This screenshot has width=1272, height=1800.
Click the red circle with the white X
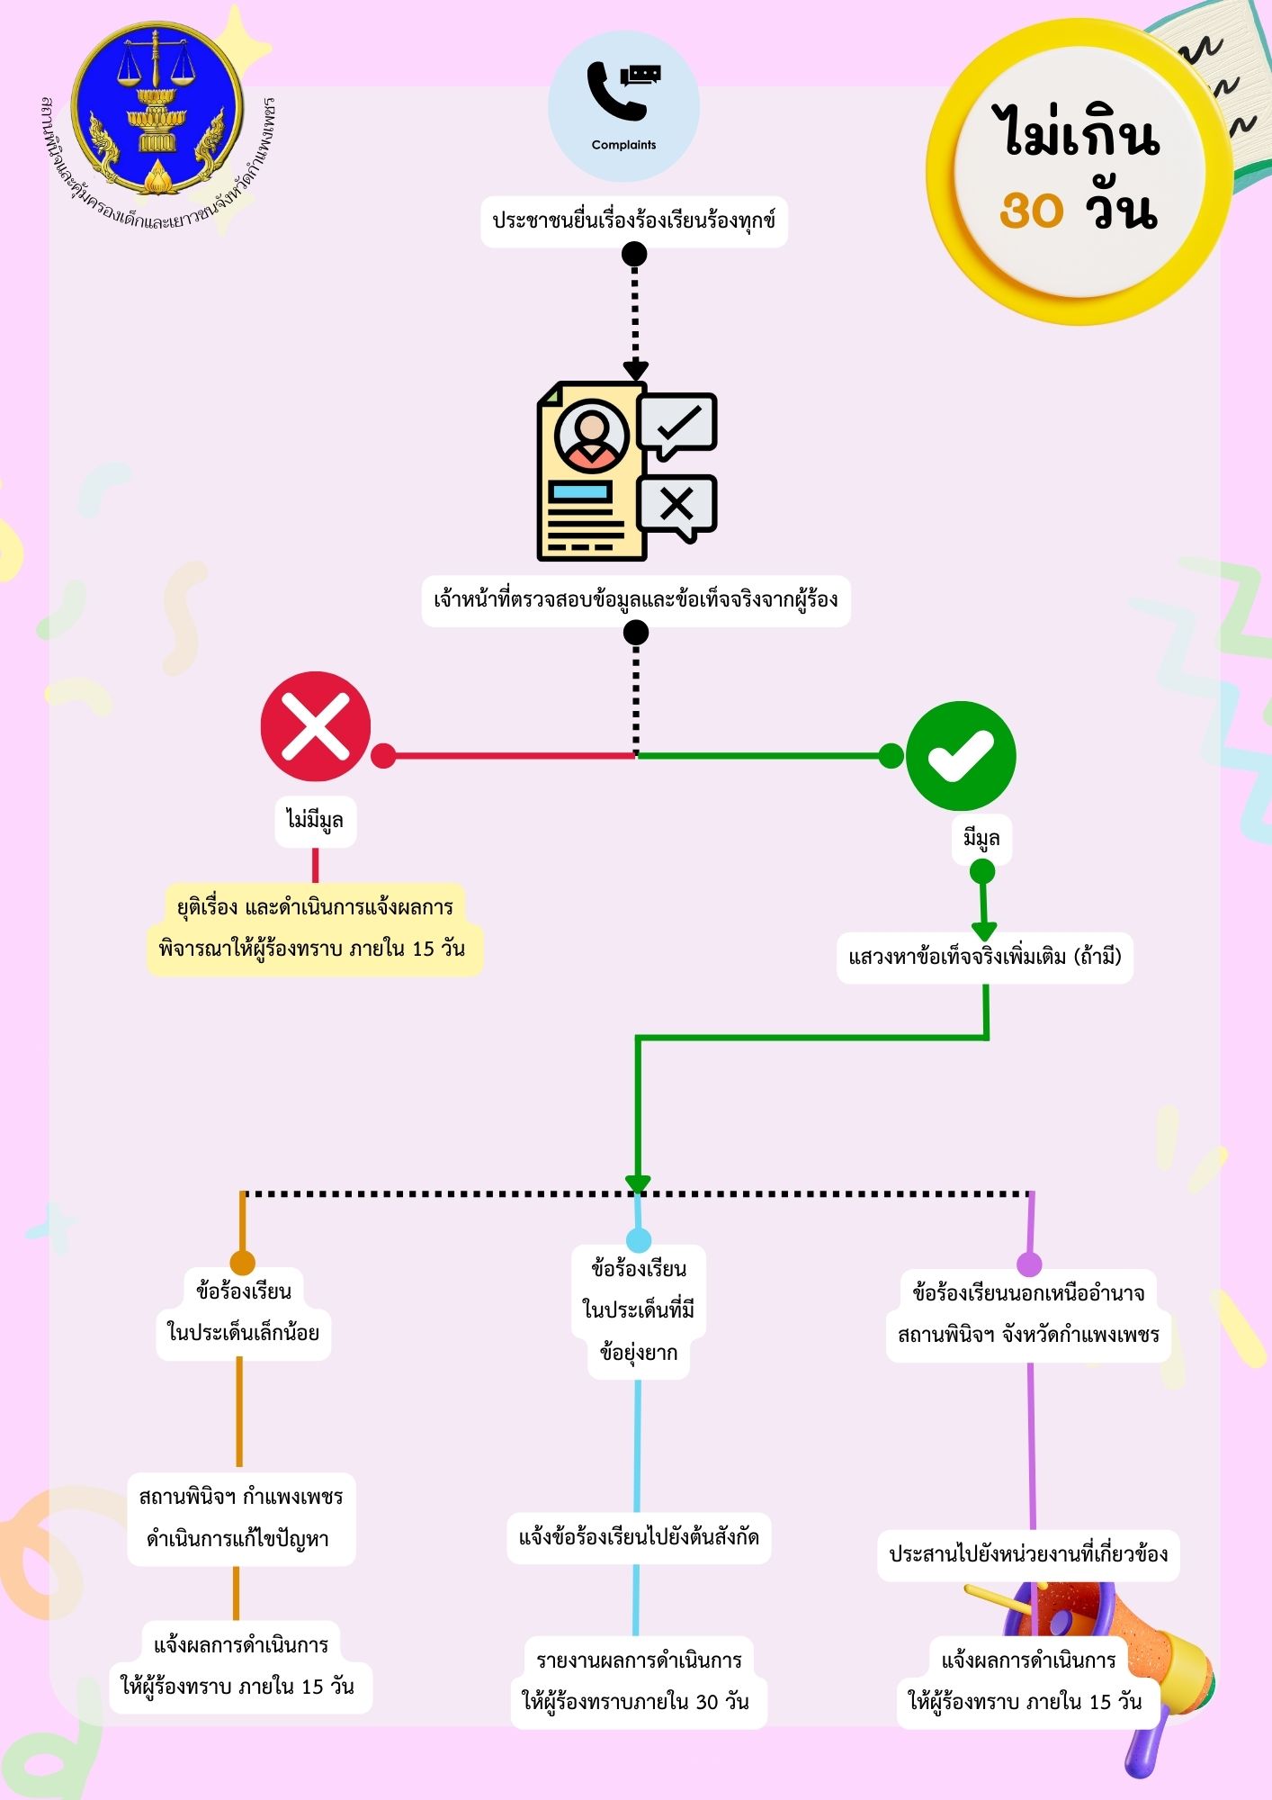(x=316, y=726)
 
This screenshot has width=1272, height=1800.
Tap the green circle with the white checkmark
(x=961, y=756)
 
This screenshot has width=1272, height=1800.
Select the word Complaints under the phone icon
(x=623, y=145)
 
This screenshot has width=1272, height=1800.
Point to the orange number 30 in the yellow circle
(x=1031, y=211)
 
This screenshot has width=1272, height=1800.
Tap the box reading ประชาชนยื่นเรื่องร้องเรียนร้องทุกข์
(x=634, y=221)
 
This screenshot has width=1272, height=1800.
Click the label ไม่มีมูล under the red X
(x=315, y=821)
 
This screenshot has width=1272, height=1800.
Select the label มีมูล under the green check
(x=981, y=839)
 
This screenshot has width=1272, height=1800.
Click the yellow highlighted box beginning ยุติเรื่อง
(x=314, y=929)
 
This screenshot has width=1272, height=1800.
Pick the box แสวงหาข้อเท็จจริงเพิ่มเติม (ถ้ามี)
(x=985, y=957)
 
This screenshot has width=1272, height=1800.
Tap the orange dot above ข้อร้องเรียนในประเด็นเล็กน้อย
(x=243, y=1263)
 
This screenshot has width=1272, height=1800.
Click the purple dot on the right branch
(x=1029, y=1264)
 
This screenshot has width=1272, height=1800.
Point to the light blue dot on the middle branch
(x=638, y=1241)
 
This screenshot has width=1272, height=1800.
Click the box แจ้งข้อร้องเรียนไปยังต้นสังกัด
(x=639, y=1538)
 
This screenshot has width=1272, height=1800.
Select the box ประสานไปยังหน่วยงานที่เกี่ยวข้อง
(x=1028, y=1555)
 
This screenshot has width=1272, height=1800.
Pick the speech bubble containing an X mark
(x=676, y=508)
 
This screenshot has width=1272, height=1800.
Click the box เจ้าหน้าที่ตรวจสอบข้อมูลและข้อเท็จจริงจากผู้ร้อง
(x=636, y=600)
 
